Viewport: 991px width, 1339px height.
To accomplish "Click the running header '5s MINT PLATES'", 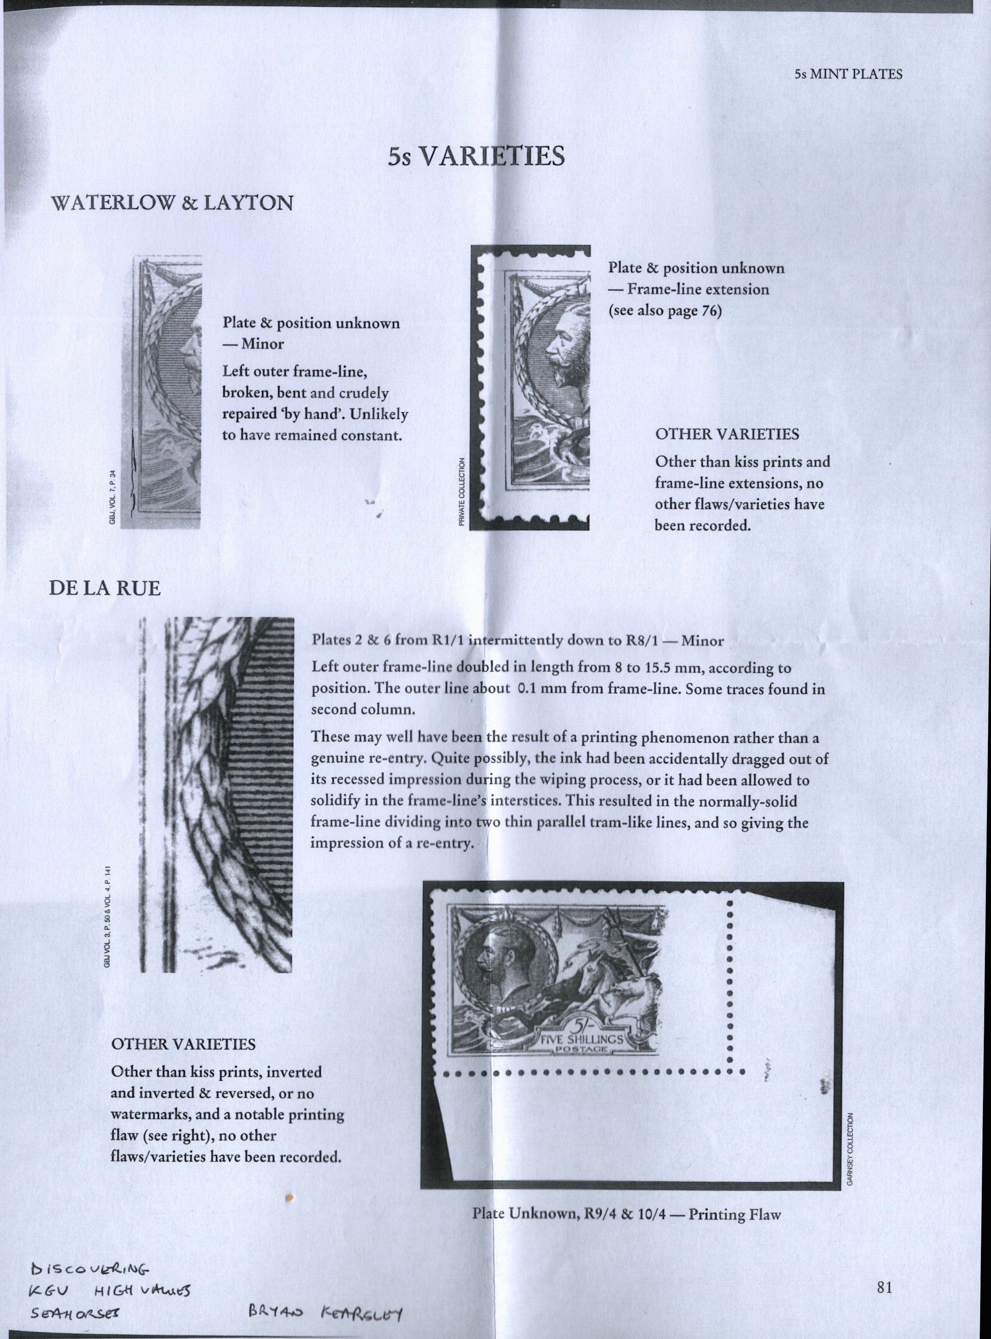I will click(x=848, y=75).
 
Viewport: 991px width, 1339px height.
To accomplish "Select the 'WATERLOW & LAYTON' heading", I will click(x=173, y=203).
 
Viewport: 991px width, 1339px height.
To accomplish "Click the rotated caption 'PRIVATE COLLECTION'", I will click(x=462, y=492).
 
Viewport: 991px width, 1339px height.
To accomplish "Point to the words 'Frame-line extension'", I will click(x=698, y=290).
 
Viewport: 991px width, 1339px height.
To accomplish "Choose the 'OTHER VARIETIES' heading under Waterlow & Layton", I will click(x=727, y=434).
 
